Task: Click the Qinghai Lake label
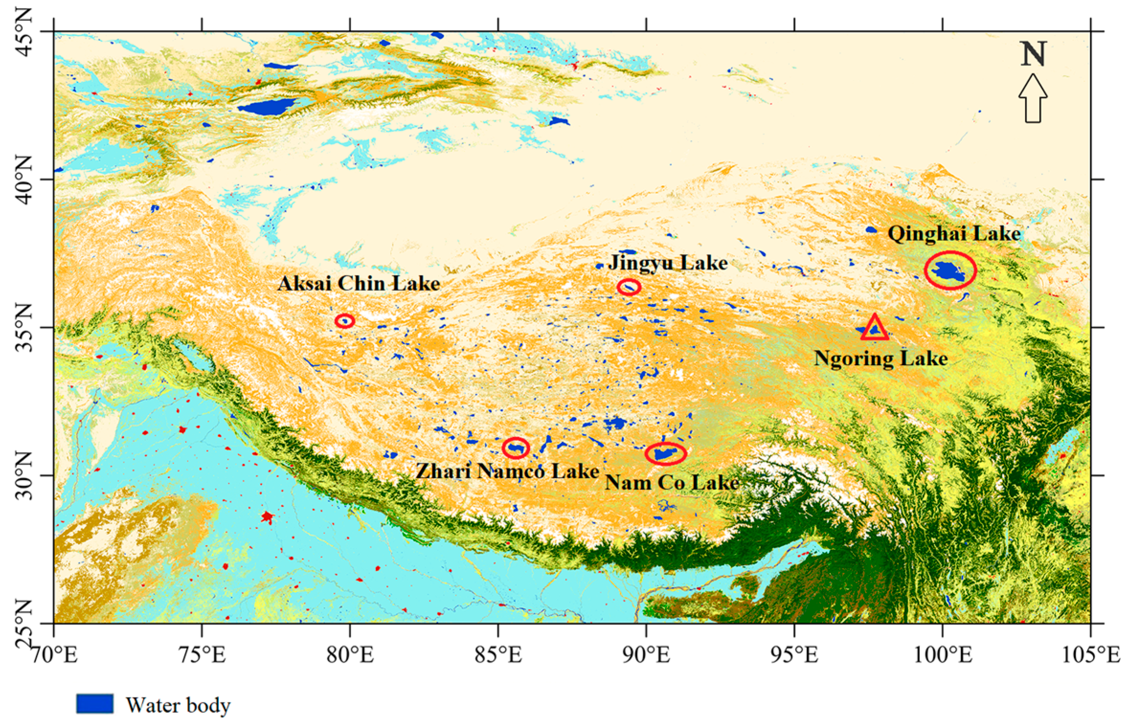[954, 234]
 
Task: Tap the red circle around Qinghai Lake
[950, 271]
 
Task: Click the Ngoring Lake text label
[881, 359]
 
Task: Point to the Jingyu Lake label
[668, 263]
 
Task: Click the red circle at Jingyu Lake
[628, 287]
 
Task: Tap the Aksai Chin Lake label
[358, 284]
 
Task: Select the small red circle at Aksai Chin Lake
[345, 321]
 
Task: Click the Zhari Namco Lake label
[507, 472]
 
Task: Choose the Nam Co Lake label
[672, 482]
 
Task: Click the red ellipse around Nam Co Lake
[665, 454]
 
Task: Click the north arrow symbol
[1032, 99]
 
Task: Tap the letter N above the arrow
[1033, 55]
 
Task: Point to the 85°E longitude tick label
[498, 655]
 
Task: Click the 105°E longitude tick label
[1091, 655]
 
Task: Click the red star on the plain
[267, 517]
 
